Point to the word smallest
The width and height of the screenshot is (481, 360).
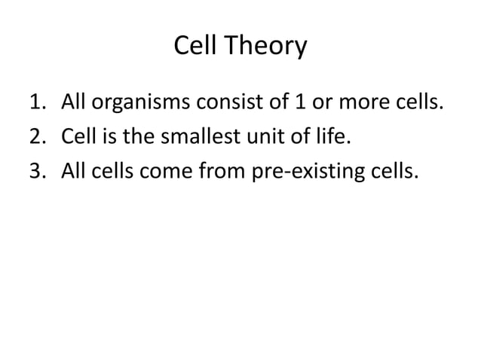192,138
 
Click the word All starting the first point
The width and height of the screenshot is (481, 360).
73,102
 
